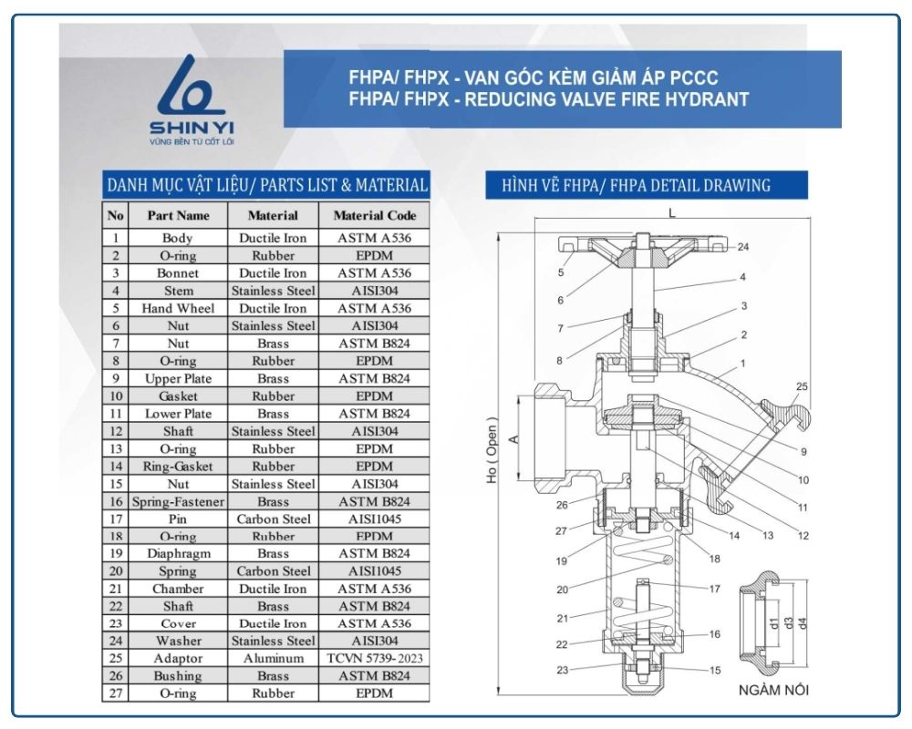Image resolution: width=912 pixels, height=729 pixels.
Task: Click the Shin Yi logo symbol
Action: pos(191,86)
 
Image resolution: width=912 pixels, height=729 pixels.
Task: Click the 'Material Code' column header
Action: pos(375,216)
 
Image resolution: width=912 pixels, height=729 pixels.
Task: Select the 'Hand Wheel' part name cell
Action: pos(178,308)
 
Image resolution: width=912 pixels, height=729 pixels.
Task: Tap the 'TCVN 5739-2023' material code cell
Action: pos(375,658)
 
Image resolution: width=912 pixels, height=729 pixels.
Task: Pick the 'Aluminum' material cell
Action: pos(274,658)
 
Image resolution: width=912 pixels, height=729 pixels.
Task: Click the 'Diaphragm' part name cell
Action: pos(178,553)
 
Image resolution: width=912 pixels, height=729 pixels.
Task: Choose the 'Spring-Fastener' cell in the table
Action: pos(178,502)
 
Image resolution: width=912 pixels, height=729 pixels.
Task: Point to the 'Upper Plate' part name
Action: pos(178,378)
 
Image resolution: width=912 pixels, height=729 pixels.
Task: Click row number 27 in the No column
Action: pos(116,693)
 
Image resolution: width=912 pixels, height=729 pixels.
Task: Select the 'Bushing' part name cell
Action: pos(178,675)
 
